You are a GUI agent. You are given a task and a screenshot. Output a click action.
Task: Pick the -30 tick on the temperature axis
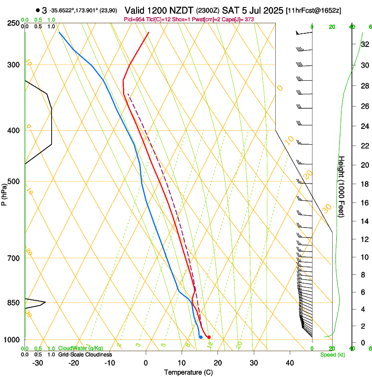tap(38, 363)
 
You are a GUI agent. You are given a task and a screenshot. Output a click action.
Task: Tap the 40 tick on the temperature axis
tap(290, 363)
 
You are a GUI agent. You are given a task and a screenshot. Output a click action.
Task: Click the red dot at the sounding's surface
tap(209, 337)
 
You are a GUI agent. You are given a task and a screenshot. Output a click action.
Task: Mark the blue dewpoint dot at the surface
tap(200, 337)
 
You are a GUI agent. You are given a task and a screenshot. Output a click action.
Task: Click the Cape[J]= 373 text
tap(239, 20)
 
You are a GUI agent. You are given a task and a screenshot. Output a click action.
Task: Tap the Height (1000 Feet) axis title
tap(341, 187)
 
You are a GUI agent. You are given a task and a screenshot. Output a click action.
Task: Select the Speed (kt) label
tap(333, 355)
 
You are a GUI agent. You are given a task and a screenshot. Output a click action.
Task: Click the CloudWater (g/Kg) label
tap(81, 349)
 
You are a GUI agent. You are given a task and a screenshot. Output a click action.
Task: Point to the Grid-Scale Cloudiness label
tap(85, 355)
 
